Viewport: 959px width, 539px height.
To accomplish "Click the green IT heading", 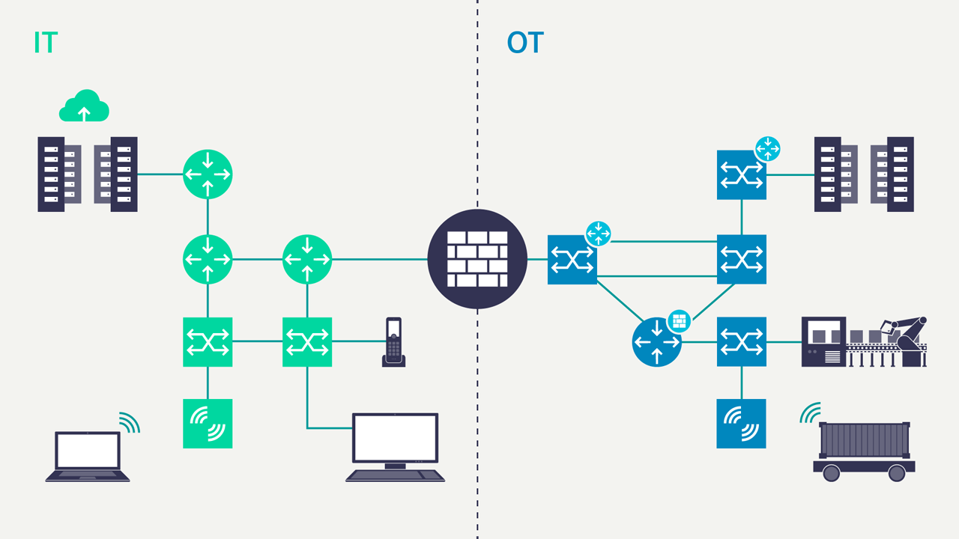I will pos(46,43).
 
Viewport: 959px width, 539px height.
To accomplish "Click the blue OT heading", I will pos(524,43).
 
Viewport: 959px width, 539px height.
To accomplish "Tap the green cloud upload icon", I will pos(84,106).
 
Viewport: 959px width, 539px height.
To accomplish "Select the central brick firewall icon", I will pos(477,259).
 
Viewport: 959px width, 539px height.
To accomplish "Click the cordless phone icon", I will pos(393,342).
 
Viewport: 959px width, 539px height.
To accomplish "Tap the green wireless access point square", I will pos(208,424).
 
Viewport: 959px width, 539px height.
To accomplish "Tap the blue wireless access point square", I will pos(741,424).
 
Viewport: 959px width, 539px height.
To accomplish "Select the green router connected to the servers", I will pos(208,174).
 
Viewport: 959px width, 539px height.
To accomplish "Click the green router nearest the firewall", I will pos(307,259).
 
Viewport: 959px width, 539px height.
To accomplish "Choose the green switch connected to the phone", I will pos(307,342).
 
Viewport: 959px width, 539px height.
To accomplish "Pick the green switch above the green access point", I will pos(208,342).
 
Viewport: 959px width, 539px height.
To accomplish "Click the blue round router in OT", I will pos(657,342).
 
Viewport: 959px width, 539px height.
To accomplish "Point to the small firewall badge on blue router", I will pos(679,321).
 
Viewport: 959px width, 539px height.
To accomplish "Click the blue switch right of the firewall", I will pos(572,260).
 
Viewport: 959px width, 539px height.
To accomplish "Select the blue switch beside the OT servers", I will pos(741,175).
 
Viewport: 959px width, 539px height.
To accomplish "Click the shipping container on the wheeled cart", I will pos(864,440).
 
